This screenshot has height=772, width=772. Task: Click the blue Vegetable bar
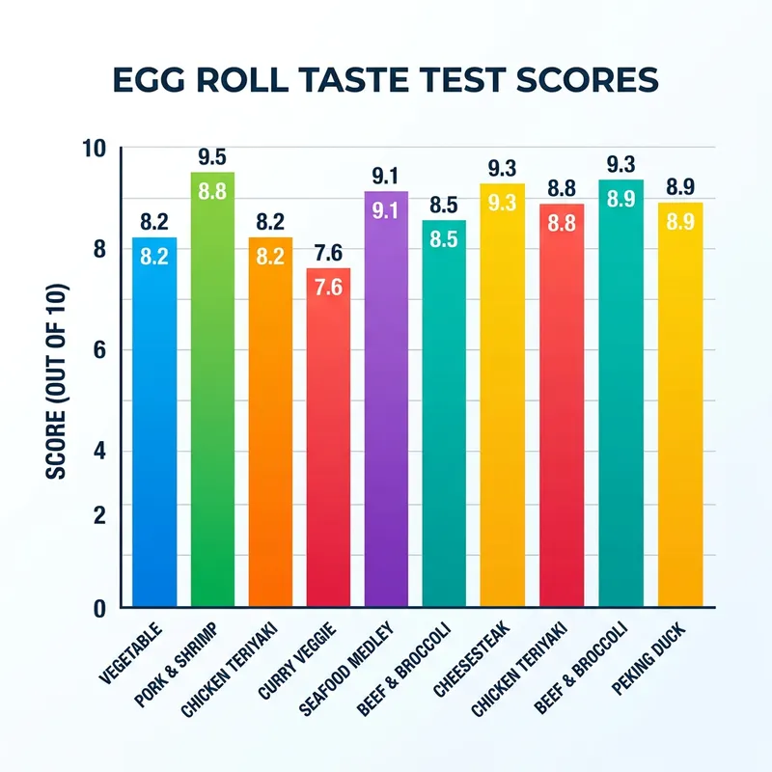click(154, 425)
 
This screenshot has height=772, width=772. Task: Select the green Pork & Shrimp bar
click(212, 396)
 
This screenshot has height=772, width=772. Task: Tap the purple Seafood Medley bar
click(386, 405)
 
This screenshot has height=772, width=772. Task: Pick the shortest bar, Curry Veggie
click(328, 444)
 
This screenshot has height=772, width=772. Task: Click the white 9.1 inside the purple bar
click(386, 210)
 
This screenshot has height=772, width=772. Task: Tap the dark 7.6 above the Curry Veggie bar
click(328, 254)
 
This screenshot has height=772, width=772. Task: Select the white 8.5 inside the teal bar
click(444, 239)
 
